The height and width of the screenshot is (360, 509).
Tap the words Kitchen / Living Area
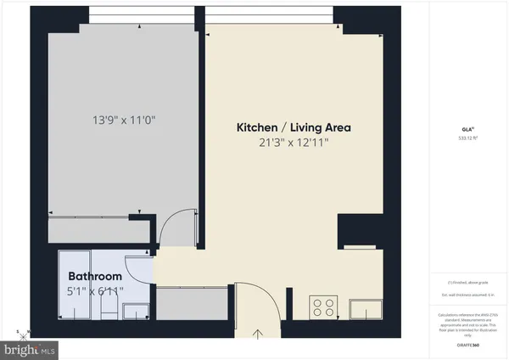point(294,127)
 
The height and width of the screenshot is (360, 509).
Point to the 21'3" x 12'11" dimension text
point(294,142)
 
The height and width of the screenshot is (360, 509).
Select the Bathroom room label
point(95,277)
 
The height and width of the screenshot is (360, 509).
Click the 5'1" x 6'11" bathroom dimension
point(95,291)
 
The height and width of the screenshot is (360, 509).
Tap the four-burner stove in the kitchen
point(323,306)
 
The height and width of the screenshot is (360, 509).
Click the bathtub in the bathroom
point(70,289)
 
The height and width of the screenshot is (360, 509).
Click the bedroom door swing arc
point(180,230)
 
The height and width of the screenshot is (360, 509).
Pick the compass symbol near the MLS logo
point(23,331)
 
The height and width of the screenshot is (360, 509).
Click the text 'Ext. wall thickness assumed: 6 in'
point(467,295)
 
